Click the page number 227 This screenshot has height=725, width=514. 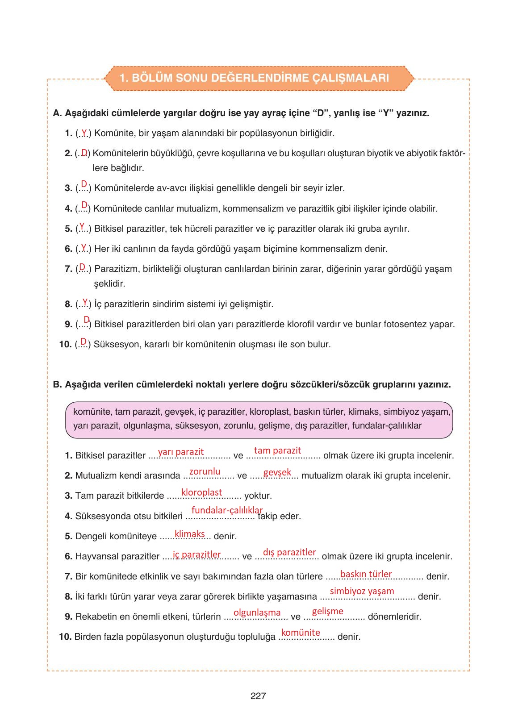(258, 696)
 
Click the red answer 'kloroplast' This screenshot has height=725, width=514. (201, 492)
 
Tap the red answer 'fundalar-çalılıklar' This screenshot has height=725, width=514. (227, 510)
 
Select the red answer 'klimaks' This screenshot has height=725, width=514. (190, 534)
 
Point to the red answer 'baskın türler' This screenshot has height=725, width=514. (366, 574)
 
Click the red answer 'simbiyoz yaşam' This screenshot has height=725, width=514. (362, 591)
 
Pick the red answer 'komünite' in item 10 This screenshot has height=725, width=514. (301, 633)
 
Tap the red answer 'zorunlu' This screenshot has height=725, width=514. (205, 471)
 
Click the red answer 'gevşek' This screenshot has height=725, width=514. (277, 472)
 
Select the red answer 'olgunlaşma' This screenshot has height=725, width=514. (257, 612)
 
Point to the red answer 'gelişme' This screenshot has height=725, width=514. (327, 611)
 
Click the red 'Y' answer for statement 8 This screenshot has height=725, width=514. (85, 302)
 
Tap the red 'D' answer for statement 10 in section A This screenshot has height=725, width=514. (84, 342)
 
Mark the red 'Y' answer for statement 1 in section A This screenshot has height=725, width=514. (84, 132)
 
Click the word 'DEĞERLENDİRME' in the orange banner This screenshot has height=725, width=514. (259, 78)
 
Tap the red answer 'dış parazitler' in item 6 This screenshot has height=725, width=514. (289, 552)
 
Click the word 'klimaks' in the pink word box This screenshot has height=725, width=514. (363, 412)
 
